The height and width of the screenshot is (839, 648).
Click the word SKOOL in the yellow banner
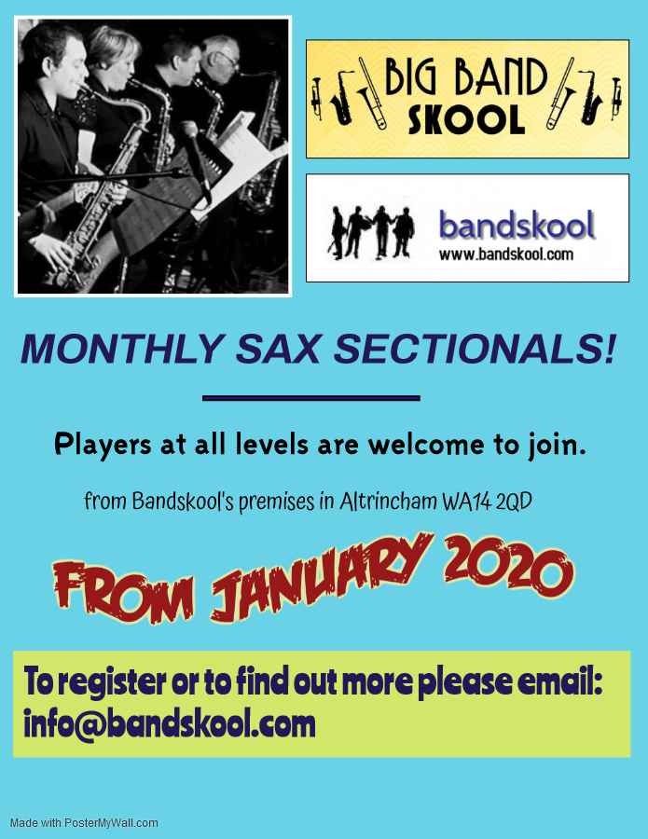click(466, 118)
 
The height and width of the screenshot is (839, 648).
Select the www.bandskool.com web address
click(505, 254)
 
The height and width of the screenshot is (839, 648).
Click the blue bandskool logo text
click(516, 225)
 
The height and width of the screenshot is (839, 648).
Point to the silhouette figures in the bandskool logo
click(371, 231)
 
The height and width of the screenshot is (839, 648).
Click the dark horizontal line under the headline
click(311, 398)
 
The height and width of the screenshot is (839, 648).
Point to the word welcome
click(422, 445)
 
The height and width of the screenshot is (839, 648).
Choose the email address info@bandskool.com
click(170, 723)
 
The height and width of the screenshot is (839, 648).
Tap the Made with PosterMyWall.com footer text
click(84, 823)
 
